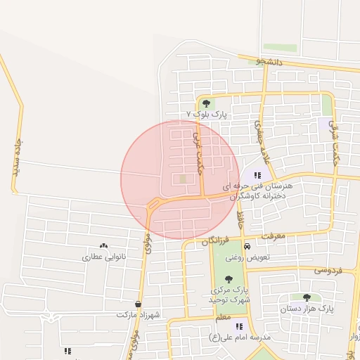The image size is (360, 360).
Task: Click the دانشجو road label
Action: pyautogui.click(x=269, y=62)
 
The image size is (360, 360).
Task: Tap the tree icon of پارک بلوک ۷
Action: pyautogui.click(x=205, y=103)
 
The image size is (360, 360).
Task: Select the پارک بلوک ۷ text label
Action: pyautogui.click(x=208, y=113)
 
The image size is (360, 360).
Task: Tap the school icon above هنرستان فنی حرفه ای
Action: pyautogui.click(x=257, y=174)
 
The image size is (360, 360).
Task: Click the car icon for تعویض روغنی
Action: pyautogui.click(x=247, y=247)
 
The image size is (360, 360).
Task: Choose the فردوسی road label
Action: pyautogui.click(x=328, y=269)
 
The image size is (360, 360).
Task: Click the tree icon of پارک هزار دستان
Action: pyautogui.click(x=307, y=297)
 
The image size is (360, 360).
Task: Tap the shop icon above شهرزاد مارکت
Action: pyautogui.click(x=138, y=304)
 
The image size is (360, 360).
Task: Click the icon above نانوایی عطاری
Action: pyautogui.click(x=104, y=246)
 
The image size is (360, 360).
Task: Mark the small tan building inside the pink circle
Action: pyautogui.click(x=184, y=179)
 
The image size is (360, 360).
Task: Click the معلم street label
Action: pyautogui.click(x=223, y=319)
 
